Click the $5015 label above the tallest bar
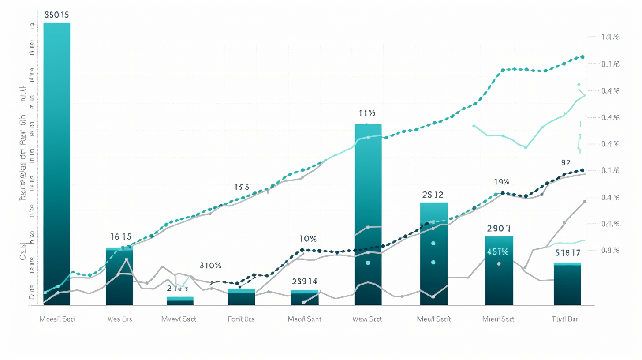coord(57,15)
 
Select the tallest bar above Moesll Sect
coord(57,163)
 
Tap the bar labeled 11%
coord(368,214)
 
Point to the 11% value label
coord(367,113)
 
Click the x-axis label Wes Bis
coord(119,319)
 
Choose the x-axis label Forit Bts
coord(241,319)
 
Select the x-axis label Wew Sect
coord(367,319)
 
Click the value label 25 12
coord(433,195)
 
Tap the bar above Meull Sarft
coord(434,254)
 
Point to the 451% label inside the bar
coord(498,252)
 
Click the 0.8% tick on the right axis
coord(610,250)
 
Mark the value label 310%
coord(210,266)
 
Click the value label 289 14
coord(305,281)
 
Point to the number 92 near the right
coord(566,162)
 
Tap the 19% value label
coord(502,182)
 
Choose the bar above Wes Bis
coord(119,276)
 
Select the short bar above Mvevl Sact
coord(180,301)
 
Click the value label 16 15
coord(121,236)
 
